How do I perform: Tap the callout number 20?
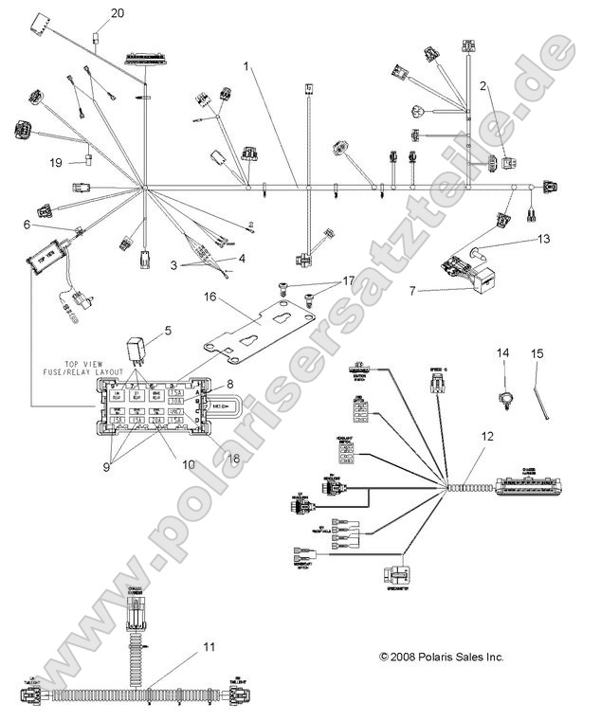coord(118,13)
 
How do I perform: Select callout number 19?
coord(56,163)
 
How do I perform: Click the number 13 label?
coord(544,241)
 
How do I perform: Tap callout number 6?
coord(27,225)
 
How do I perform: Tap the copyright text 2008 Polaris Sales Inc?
coord(441,656)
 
